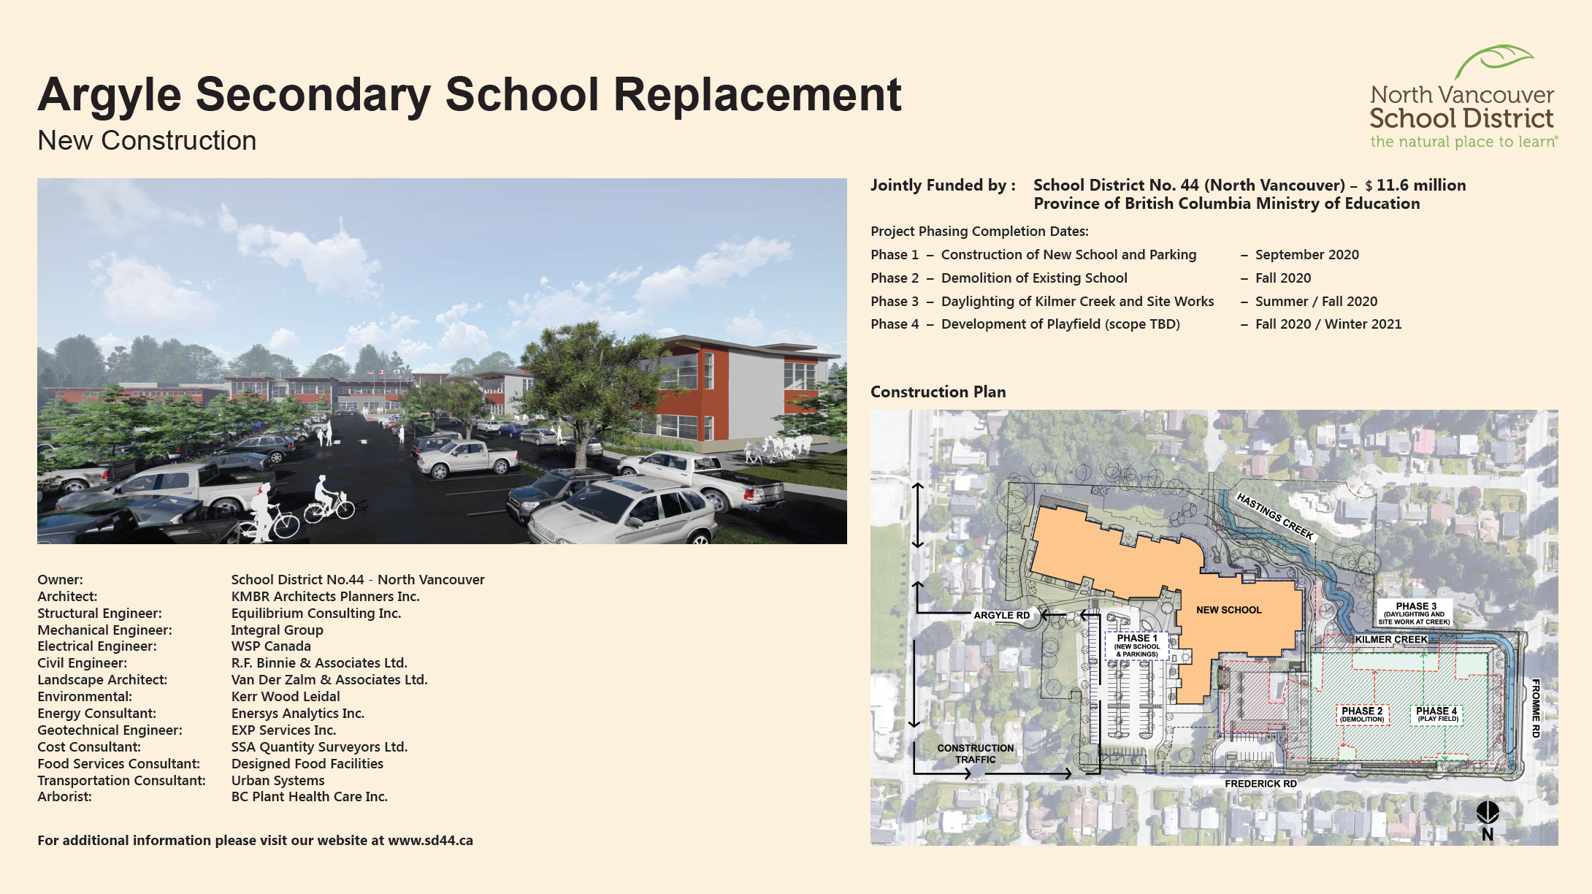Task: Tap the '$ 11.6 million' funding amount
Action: click(1415, 186)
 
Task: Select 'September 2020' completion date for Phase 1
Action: click(1307, 255)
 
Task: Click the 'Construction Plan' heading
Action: click(938, 392)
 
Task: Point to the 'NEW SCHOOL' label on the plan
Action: click(1228, 610)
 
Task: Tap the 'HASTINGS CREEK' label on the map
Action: click(1275, 516)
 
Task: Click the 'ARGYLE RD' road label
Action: click(1001, 616)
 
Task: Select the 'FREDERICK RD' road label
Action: click(1260, 784)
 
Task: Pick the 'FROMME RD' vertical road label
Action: click(1536, 708)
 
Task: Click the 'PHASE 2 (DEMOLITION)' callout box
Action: click(1362, 714)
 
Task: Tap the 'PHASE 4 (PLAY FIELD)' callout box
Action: click(1436, 714)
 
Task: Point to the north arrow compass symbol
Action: click(1488, 821)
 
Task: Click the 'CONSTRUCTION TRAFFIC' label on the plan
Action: click(975, 754)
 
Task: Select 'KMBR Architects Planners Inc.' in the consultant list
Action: click(325, 597)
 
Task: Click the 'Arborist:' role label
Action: click(64, 797)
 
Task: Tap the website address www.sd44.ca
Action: click(430, 841)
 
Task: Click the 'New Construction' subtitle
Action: click(147, 140)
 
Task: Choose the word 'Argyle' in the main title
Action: click(110, 96)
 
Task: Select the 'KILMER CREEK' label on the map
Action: click(1390, 640)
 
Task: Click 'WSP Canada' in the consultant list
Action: click(271, 646)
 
